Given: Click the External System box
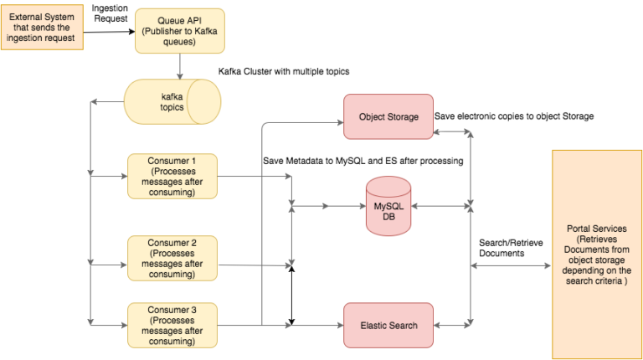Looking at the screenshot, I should pyautogui.click(x=42, y=27).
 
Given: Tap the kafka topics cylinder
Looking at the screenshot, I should pyautogui.click(x=172, y=101).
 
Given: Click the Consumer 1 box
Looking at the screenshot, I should pyautogui.click(x=172, y=176).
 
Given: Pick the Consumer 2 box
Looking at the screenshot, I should pyautogui.click(x=172, y=257).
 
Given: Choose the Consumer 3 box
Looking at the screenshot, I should pyautogui.click(x=172, y=325).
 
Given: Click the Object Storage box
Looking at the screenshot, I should pyautogui.click(x=388, y=117).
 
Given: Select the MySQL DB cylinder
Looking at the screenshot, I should pyautogui.click(x=388, y=206).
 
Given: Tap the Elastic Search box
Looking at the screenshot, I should pyautogui.click(x=388, y=325).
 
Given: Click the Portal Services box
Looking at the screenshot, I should pyautogui.click(x=597, y=254).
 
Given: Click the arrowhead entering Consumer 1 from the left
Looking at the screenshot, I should pyautogui.click(x=123, y=177).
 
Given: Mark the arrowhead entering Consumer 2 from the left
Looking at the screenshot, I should pyautogui.click(x=123, y=266).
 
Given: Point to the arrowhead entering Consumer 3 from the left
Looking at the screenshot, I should pyautogui.click(x=123, y=322).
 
